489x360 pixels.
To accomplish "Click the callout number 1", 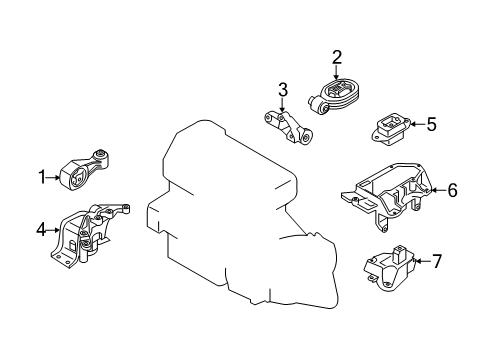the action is pos(42,177).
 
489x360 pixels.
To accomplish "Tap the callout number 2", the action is pos(337,57).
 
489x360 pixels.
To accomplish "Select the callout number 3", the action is pos(283,90).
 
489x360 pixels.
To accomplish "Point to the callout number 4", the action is pos(41,229).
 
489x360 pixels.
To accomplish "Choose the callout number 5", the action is pos(431,124).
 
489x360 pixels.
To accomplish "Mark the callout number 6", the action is pos(452,190).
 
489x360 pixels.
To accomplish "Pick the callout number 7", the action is pos(437,261).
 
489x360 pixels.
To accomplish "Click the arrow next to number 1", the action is pos(53,177).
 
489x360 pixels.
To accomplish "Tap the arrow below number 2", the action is pos(337,73).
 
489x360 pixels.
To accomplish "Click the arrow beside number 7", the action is pos(422,261).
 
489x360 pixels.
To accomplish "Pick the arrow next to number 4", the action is pos(53,230).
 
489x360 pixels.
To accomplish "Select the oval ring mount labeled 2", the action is pos(334,96).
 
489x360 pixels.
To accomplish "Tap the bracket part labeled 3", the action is pos(289,128).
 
